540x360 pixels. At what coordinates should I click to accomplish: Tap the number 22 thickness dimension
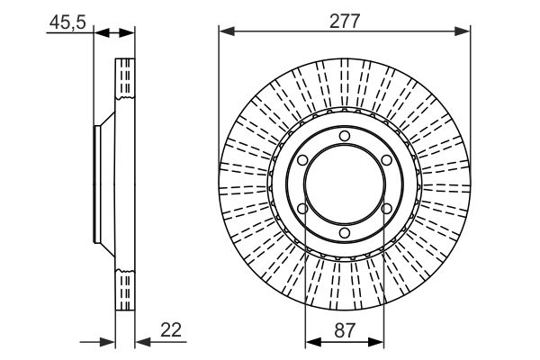pyautogui.click(x=172, y=330)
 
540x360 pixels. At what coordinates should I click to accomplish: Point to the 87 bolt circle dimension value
pyautogui.click(x=344, y=330)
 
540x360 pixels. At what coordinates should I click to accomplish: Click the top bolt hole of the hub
pyautogui.click(x=345, y=136)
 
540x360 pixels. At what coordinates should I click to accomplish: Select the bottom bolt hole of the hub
pyautogui.click(x=345, y=235)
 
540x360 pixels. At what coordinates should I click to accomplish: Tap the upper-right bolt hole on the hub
pyautogui.click(x=387, y=160)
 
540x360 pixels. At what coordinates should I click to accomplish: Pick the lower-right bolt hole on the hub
pyautogui.click(x=387, y=211)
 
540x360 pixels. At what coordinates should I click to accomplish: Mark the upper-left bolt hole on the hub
pyautogui.click(x=302, y=160)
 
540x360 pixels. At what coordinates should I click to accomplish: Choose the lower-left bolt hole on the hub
pyautogui.click(x=302, y=211)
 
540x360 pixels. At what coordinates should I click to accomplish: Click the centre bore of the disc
pyautogui.click(x=345, y=185)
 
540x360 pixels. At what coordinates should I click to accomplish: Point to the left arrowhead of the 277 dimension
pyautogui.click(x=226, y=32)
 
